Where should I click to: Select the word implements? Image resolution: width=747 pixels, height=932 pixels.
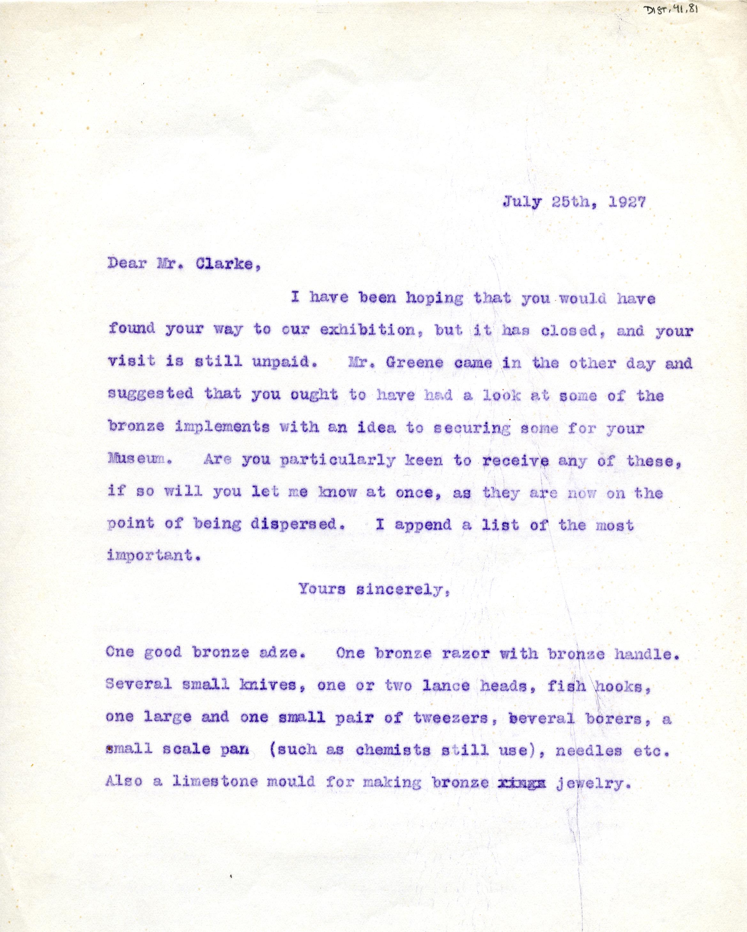(x=223, y=427)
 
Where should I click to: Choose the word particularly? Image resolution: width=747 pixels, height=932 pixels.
(x=337, y=461)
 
